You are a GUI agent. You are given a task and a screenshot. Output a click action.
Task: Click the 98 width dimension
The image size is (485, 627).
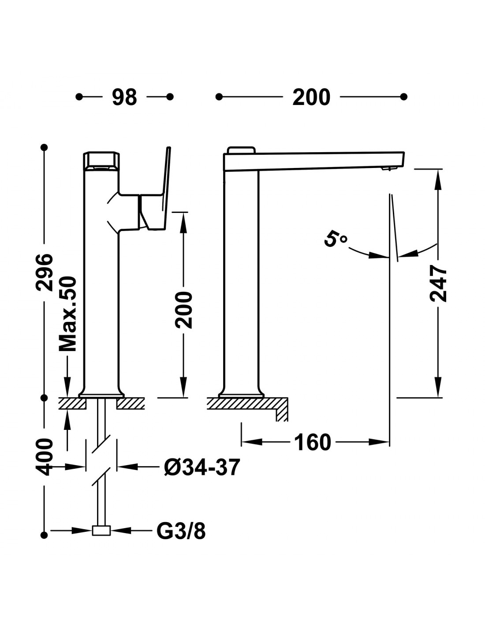pyautogui.click(x=124, y=97)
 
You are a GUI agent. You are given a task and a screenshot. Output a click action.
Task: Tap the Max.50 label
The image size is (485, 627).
pyautogui.click(x=68, y=314)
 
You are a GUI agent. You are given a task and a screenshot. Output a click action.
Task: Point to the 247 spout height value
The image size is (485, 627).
pyautogui.click(x=438, y=283)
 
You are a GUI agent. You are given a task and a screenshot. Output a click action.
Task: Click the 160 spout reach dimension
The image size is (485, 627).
pyautogui.click(x=312, y=442)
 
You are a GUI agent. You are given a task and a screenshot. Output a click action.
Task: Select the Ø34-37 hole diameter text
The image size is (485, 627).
pyautogui.click(x=202, y=467)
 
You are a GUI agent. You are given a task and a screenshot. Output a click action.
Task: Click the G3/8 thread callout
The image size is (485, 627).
pyautogui.click(x=181, y=531)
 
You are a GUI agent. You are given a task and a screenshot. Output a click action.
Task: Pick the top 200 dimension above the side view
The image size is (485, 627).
pyautogui.click(x=311, y=97)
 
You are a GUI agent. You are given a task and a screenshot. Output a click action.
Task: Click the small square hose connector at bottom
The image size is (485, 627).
pyautogui.click(x=101, y=530)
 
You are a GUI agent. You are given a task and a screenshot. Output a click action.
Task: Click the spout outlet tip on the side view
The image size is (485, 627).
pyautogui.click(x=388, y=169)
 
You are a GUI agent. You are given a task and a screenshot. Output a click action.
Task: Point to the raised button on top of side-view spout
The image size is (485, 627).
pyautogui.click(x=241, y=150)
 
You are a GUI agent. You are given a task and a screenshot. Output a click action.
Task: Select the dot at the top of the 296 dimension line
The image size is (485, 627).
pyautogui.click(x=44, y=147)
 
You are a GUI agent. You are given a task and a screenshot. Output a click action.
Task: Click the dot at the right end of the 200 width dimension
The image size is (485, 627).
pyautogui.click(x=403, y=97)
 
